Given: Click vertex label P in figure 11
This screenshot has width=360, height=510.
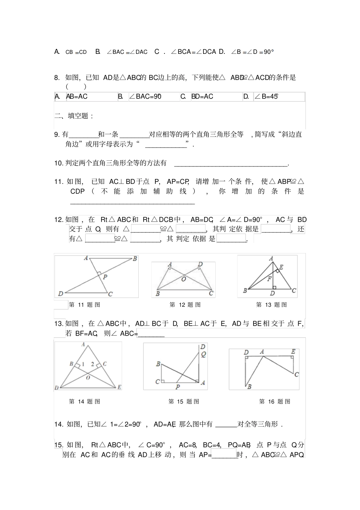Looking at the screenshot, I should pos(105,277).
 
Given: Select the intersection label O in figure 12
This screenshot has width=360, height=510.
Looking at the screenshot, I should pos(183,279).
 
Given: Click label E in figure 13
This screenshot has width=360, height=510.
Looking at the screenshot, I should pos(281,267).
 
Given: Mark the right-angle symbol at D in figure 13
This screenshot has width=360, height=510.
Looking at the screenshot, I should pos(274,288).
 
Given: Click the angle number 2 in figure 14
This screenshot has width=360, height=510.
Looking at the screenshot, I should pos(92,364).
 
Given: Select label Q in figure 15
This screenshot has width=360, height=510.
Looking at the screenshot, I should pos(203,355).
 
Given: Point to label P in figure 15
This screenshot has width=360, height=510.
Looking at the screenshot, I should pos(177,387).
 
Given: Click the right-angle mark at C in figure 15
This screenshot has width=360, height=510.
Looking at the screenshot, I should pos(163,381).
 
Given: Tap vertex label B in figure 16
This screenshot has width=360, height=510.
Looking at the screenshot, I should pos(249,387).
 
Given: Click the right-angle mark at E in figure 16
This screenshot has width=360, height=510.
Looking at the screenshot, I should pos(293,358).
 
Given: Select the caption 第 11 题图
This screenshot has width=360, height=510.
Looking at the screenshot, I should pos(85,305).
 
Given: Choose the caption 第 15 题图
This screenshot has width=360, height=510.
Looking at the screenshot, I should pos(184,402).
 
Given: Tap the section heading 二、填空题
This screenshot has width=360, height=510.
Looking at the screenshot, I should pos(74,116).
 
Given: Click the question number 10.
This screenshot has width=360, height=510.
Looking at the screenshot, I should pos(58,163).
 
